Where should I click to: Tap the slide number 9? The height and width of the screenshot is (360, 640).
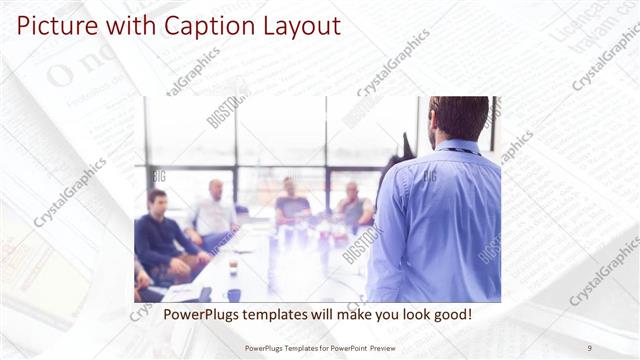point(589,347)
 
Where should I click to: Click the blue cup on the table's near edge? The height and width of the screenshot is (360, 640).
point(234,295)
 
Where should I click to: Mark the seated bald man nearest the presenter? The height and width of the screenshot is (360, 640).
point(353,206)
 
